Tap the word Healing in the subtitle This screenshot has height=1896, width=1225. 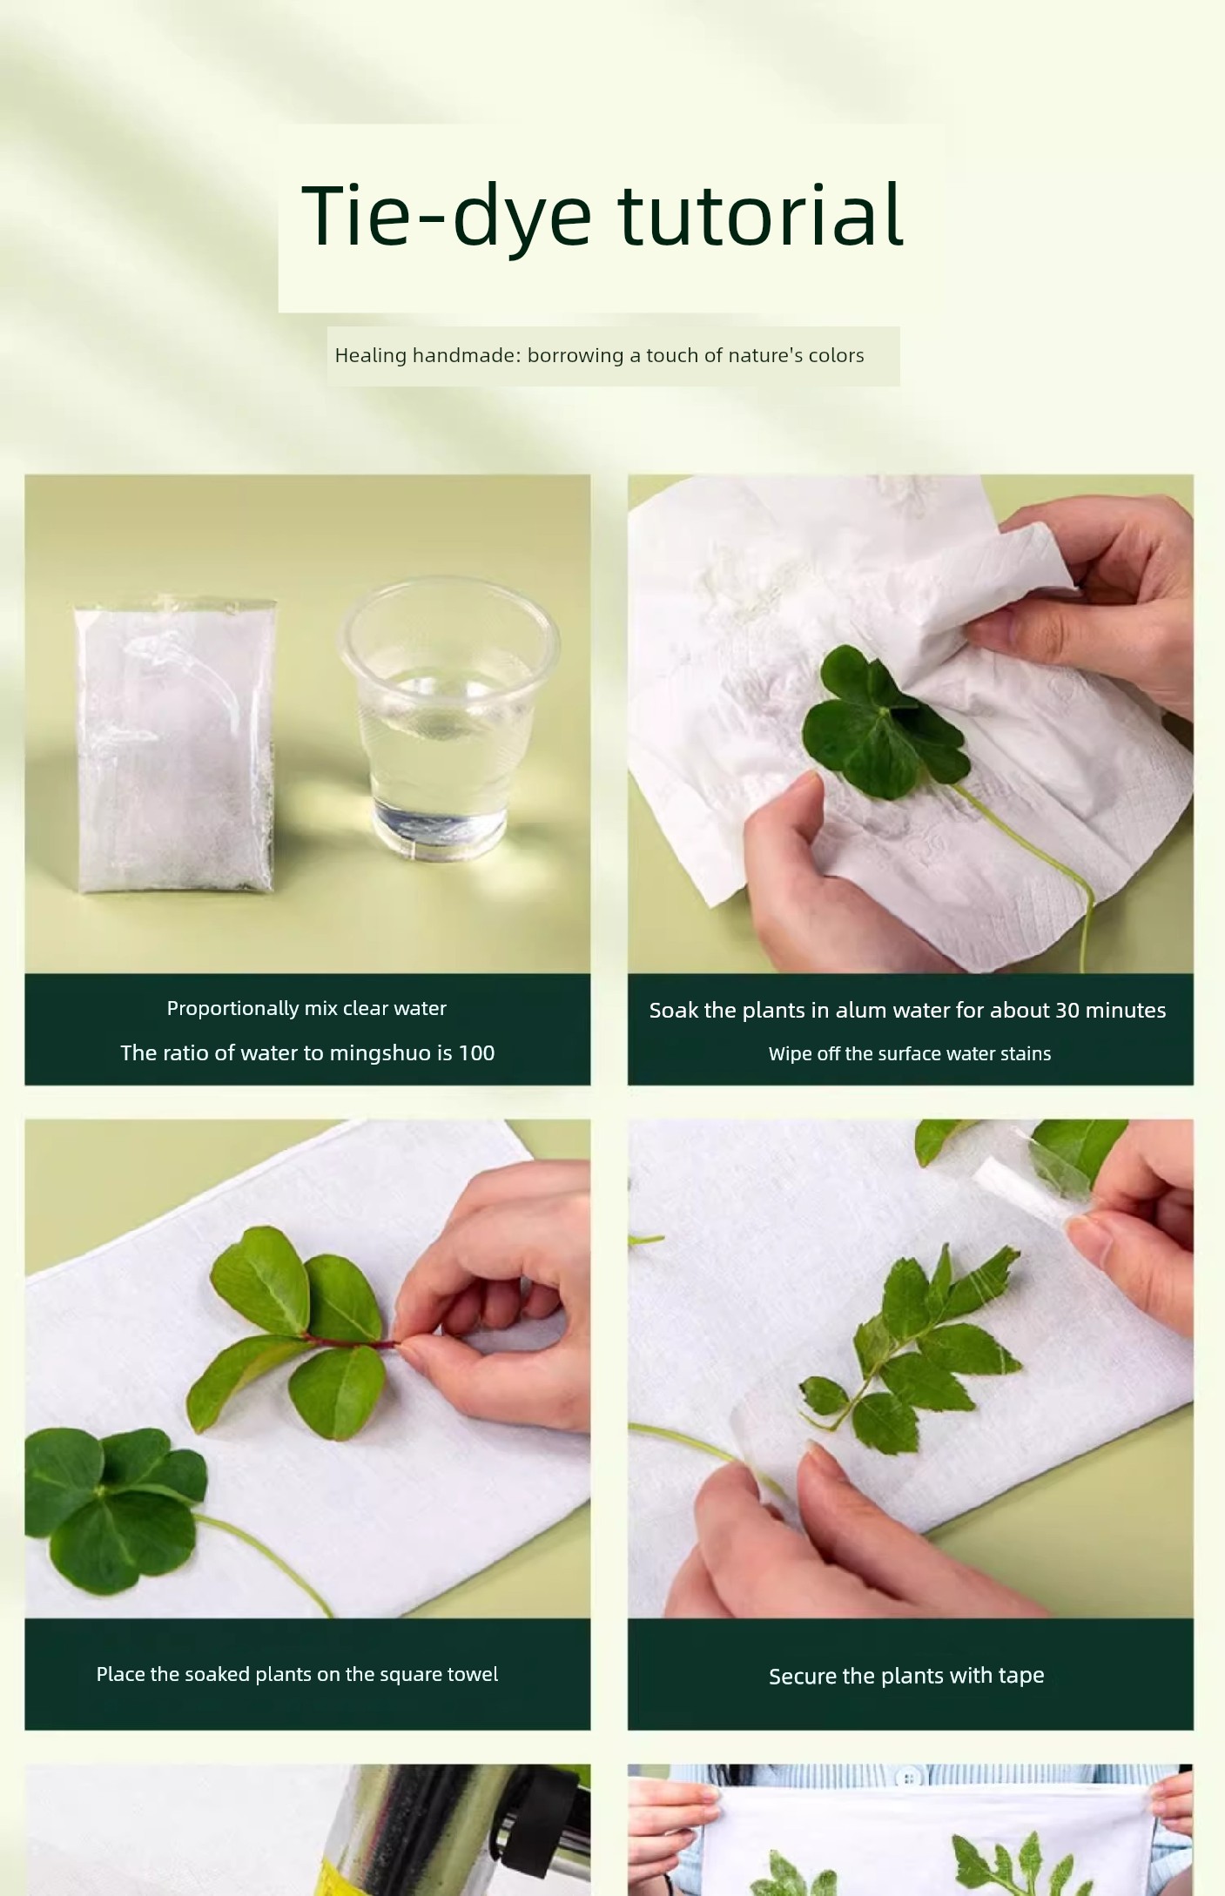(x=370, y=355)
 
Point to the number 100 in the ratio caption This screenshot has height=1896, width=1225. (x=476, y=1053)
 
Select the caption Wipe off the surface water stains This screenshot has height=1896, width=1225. (x=910, y=1054)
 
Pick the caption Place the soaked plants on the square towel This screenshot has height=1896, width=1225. (x=297, y=1675)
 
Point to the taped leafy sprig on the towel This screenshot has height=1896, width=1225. (x=911, y=1345)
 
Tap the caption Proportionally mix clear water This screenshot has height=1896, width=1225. (x=306, y=1009)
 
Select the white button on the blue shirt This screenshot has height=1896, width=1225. (x=908, y=1778)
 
